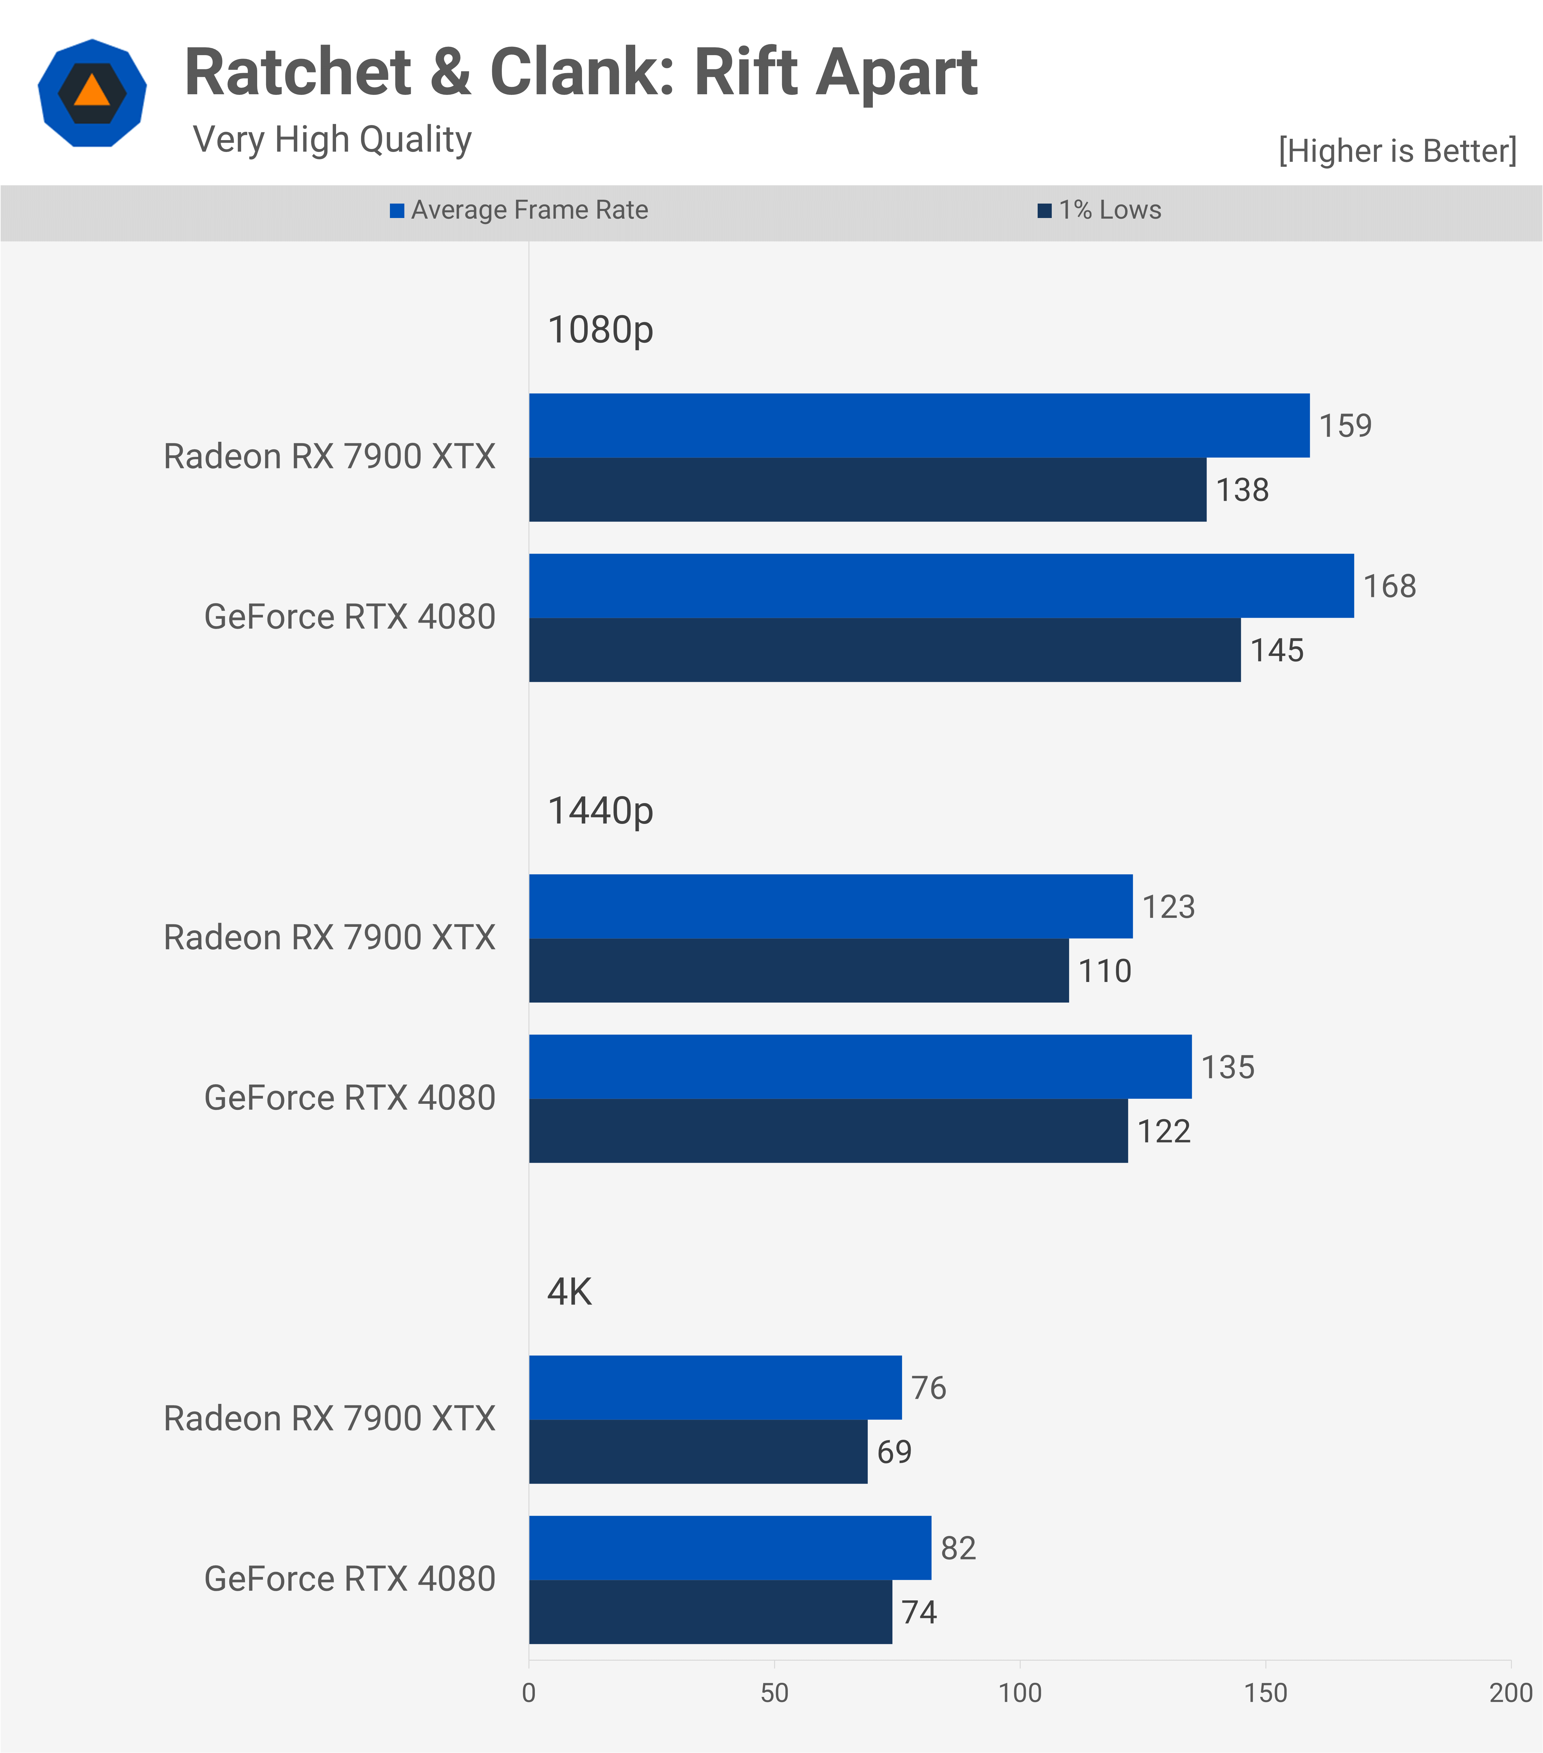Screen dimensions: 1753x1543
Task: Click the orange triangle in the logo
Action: tap(92, 91)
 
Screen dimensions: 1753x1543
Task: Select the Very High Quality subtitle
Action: tap(332, 139)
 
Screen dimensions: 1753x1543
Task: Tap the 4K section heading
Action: tap(569, 1292)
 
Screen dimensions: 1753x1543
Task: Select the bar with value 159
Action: tap(918, 425)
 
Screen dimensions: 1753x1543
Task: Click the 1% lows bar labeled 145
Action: tap(883, 650)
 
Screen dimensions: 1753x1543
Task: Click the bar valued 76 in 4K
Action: tap(714, 1388)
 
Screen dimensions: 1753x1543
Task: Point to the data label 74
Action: tap(919, 1612)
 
